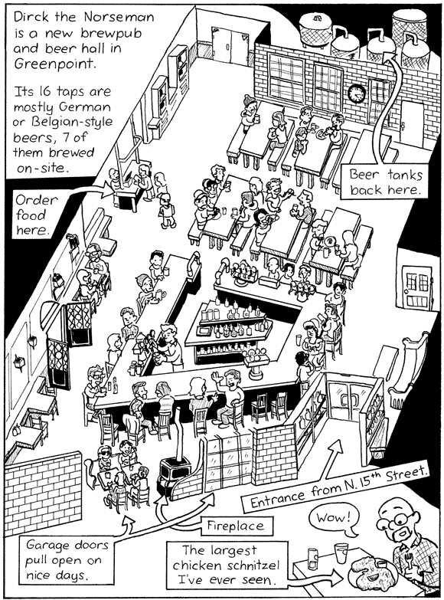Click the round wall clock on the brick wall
(356, 93)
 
